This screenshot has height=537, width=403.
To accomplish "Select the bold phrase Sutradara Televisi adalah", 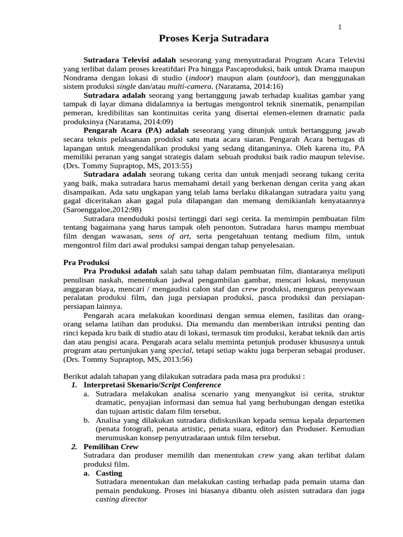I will pyautogui.click(x=131, y=60).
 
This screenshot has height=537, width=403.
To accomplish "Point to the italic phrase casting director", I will pyautogui.click(x=121, y=500).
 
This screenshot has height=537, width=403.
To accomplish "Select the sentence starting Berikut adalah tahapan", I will pyautogui.click(x=184, y=376).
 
